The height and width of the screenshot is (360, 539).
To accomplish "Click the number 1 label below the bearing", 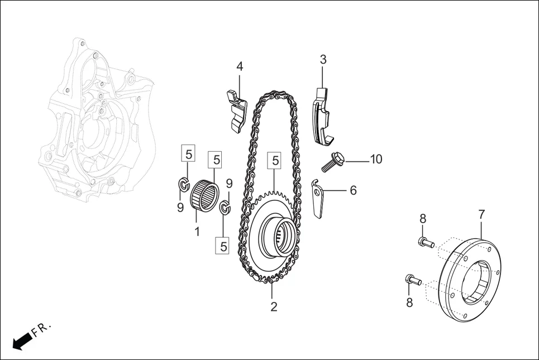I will (x=197, y=231).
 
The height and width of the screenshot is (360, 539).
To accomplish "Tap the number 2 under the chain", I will (x=274, y=306).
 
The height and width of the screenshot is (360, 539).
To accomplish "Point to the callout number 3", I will (x=323, y=60).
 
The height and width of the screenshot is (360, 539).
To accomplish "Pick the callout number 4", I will (x=240, y=66).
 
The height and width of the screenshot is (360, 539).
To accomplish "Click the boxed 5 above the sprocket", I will (x=274, y=161).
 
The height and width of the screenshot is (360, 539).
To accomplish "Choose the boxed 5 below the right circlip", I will (x=223, y=246).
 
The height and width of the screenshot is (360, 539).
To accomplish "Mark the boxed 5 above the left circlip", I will (x=188, y=153).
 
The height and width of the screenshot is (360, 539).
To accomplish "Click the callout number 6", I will (x=353, y=190).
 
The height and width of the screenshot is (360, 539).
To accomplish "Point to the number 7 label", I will (x=481, y=214).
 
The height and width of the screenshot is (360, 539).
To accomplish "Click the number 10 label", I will (x=376, y=160).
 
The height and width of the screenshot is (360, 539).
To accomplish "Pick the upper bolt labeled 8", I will (x=425, y=242).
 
